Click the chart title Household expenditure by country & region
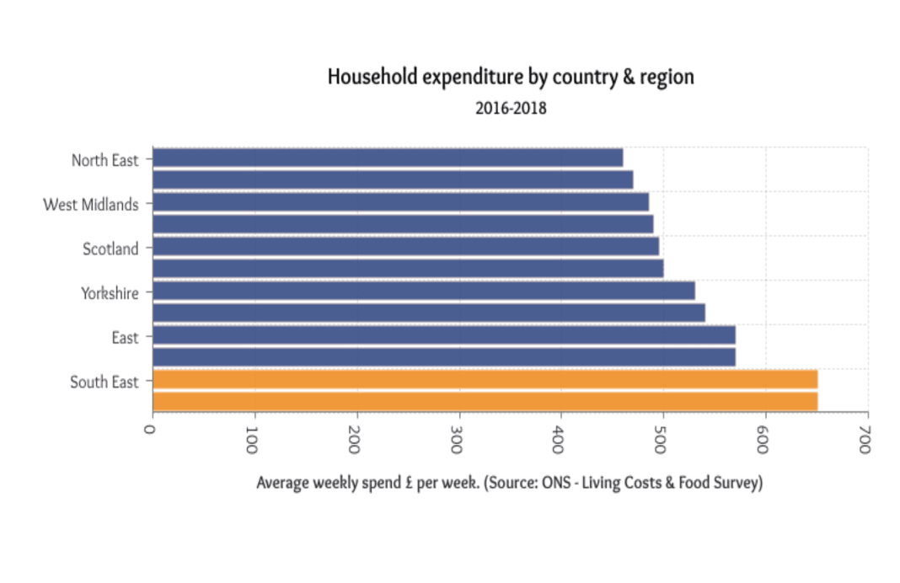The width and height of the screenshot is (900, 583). tap(511, 77)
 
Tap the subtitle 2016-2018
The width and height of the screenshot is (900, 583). tap(511, 108)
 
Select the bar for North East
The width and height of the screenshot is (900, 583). tap(388, 158)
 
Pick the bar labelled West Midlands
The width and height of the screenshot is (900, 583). tap(401, 202)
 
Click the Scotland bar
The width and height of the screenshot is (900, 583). tap(406, 247)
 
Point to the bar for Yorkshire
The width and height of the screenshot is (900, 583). tap(424, 291)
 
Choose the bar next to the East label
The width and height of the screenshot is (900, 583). tap(444, 335)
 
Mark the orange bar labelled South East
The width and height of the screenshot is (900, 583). tap(485, 380)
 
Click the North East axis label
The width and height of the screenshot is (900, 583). tap(105, 160)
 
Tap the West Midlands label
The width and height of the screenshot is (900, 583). tap(91, 204)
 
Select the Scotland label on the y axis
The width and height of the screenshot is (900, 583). tap(110, 249)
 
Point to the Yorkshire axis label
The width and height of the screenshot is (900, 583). tap(110, 293)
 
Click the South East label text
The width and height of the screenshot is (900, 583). tap(104, 382)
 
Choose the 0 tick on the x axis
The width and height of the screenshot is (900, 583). tap(150, 429)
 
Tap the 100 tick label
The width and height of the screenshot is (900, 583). tap(251, 440)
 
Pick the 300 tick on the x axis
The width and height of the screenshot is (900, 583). tap(456, 440)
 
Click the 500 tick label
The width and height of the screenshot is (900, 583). tap(660, 440)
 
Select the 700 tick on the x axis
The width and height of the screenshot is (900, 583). tap(865, 440)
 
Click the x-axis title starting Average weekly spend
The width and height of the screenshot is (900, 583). tap(510, 483)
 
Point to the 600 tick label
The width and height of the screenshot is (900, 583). tap(763, 440)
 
